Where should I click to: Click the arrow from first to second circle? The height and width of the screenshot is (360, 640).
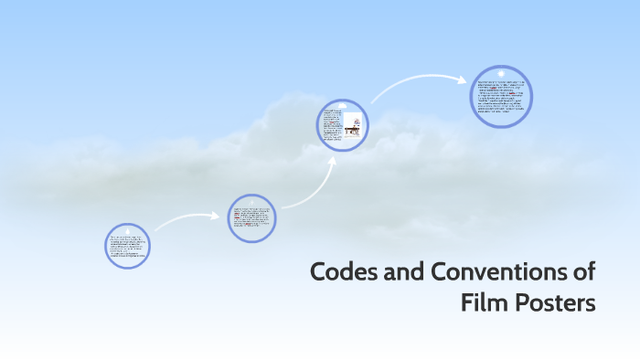[x=187, y=220]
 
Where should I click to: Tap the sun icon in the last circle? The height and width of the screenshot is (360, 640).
[x=501, y=73]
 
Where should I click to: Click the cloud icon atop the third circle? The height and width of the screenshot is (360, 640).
[x=343, y=106]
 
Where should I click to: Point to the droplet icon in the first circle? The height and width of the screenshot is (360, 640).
[x=127, y=228]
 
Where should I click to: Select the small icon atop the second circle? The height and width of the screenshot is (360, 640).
[x=251, y=201]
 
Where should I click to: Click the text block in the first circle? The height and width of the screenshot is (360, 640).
[x=127, y=249]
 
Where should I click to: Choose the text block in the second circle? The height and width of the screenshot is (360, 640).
[x=251, y=219]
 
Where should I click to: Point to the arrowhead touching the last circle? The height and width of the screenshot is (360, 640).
[x=463, y=79]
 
